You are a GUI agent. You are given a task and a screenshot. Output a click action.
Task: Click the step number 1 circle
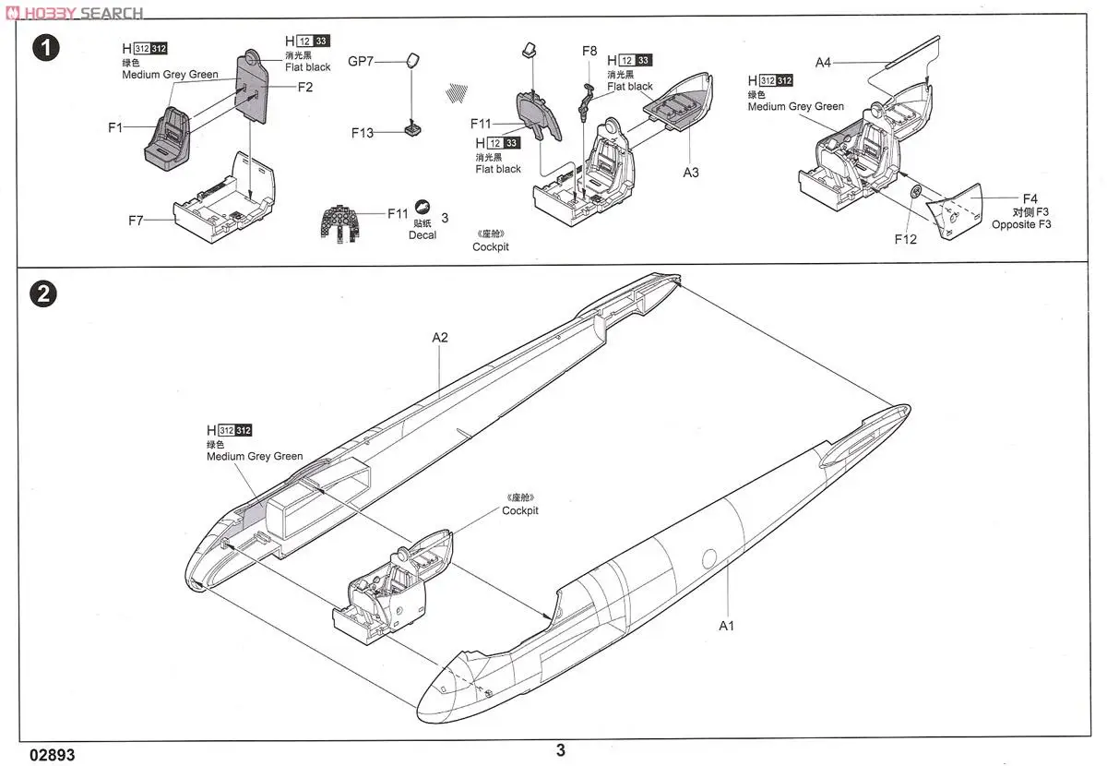coord(44,48)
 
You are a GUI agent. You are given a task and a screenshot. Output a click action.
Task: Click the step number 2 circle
coord(44,293)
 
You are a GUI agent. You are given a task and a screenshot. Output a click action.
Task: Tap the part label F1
coord(114,128)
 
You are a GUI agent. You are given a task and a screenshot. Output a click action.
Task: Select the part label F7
coord(137,221)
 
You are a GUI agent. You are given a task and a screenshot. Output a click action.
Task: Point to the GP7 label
coord(362,62)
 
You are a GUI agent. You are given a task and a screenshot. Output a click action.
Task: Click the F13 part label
coord(363,133)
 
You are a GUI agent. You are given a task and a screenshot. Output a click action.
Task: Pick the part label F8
coord(589,51)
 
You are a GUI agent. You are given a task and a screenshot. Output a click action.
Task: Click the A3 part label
coord(691,173)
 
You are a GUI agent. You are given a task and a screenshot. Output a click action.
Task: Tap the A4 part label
coord(823,63)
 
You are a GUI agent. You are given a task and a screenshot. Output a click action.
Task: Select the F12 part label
coord(905,239)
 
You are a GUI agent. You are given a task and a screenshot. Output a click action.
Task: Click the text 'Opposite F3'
coord(1021,224)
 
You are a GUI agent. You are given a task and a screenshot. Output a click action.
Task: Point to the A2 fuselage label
coord(440,337)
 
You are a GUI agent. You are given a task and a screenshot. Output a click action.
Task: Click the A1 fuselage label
coord(727,626)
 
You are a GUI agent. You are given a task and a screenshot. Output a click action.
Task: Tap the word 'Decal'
coord(423,235)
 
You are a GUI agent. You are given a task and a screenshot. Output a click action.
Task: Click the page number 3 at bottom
coord(560,750)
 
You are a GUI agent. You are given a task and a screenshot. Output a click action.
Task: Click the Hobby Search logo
coord(74,12)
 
